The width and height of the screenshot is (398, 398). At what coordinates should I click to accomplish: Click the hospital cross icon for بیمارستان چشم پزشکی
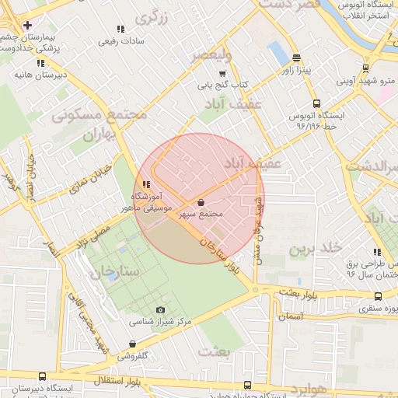point(27,25)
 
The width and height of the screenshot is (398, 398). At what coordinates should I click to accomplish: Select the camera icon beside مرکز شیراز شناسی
point(161,309)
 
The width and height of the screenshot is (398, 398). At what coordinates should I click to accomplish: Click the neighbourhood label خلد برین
point(316,249)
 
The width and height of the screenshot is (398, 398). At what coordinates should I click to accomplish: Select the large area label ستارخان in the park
point(113,273)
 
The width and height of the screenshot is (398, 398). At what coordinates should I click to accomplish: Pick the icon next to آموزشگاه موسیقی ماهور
point(146,184)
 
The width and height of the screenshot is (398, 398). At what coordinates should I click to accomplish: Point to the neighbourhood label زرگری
point(153,15)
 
